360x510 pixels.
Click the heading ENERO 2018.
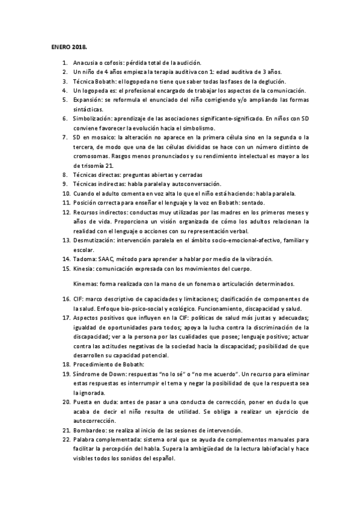pos(69,45)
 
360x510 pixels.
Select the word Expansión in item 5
pos(87,100)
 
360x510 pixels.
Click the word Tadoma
pos(84,259)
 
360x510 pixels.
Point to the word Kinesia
pos(84,268)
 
